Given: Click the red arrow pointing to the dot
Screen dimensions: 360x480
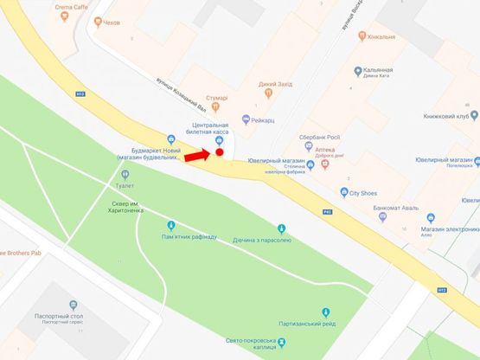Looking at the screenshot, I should [x=196, y=156].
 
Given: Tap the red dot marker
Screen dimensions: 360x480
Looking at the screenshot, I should [x=220, y=153].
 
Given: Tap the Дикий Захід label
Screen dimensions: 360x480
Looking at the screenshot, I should [x=273, y=84].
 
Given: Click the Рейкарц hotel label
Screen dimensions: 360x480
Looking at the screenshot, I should [x=266, y=119].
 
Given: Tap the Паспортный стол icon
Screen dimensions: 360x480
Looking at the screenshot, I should [x=73, y=305].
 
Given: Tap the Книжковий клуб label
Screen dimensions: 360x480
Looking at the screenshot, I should [x=449, y=115].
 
